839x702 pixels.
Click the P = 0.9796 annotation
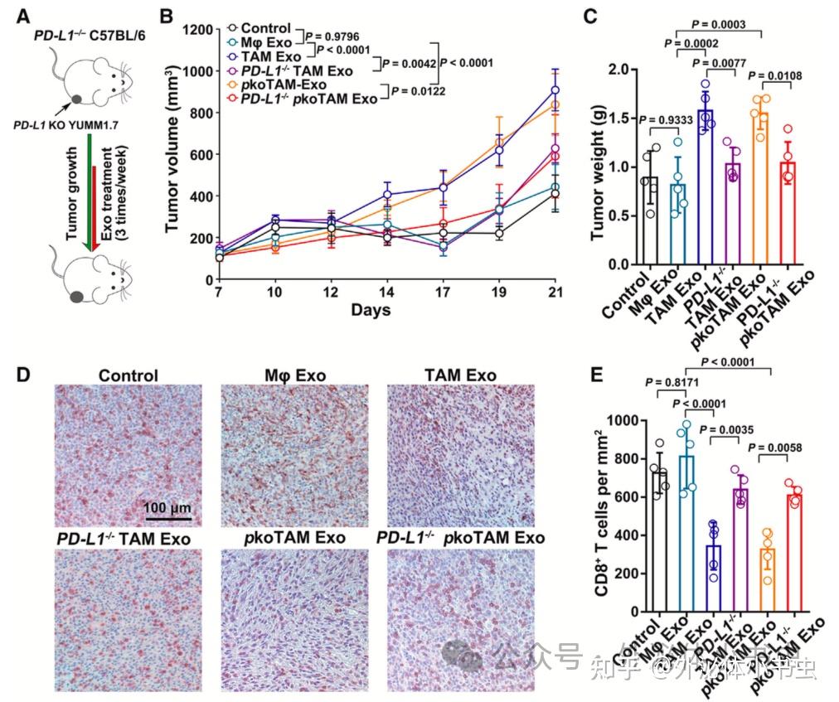click(337, 36)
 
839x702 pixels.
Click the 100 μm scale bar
click(163, 518)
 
